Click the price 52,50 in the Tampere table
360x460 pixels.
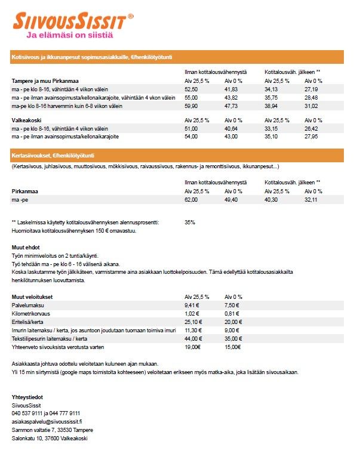point(191,88)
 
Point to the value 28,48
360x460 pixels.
point(311,97)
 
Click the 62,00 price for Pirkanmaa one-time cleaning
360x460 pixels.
point(191,200)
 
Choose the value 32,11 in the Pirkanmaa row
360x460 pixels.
point(311,200)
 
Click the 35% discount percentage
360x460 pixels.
point(190,222)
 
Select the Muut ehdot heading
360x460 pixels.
point(26,246)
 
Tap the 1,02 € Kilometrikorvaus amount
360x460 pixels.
point(192,313)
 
